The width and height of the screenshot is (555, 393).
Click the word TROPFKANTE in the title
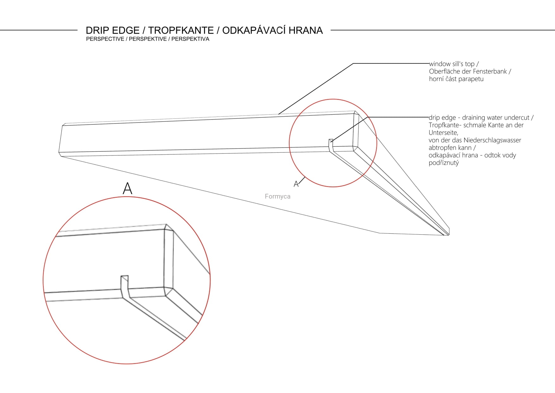[x=181, y=30]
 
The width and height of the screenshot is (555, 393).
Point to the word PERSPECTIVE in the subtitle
[x=105, y=39]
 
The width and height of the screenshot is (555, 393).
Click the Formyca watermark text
[x=277, y=196]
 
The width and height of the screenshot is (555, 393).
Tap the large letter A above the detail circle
[x=127, y=188]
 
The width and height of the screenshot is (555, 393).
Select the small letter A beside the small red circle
[x=296, y=184]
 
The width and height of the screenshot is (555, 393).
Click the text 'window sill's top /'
[x=454, y=64]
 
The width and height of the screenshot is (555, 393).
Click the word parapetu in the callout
[x=470, y=79]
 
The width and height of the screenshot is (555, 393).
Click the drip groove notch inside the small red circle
[x=331, y=143]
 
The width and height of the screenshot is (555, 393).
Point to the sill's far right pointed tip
[x=448, y=234]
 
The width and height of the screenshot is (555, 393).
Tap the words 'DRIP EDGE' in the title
[x=113, y=30]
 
